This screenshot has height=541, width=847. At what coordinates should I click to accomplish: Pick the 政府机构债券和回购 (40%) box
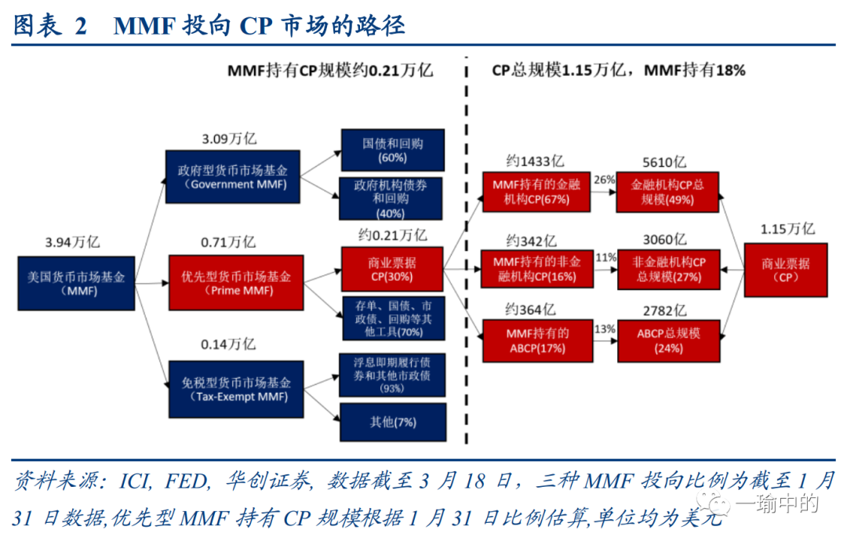[391, 198]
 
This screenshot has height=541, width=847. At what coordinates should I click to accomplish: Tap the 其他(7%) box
[393, 423]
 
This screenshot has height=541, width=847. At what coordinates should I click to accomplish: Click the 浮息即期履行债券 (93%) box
[391, 375]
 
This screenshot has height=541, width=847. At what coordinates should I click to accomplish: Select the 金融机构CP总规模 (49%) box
[668, 193]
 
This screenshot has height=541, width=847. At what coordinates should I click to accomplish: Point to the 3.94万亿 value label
[72, 242]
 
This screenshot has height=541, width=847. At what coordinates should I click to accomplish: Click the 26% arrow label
[604, 180]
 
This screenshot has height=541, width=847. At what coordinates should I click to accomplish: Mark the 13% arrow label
[605, 329]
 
